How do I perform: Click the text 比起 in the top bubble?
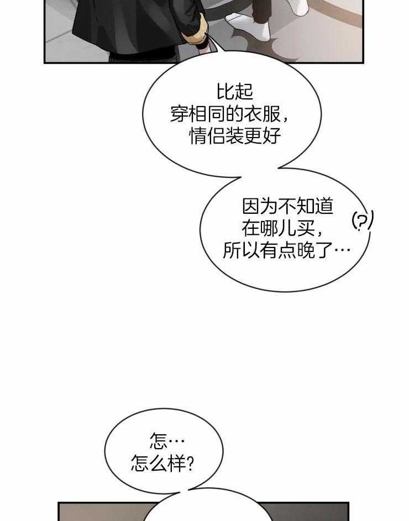click(x=235, y=91)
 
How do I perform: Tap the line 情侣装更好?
click(x=235, y=135)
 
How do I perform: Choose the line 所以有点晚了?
click(x=286, y=250)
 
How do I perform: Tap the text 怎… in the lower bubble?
click(x=166, y=440)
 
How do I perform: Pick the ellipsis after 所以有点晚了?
click(x=343, y=251)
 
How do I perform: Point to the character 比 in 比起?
click(x=225, y=91)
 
